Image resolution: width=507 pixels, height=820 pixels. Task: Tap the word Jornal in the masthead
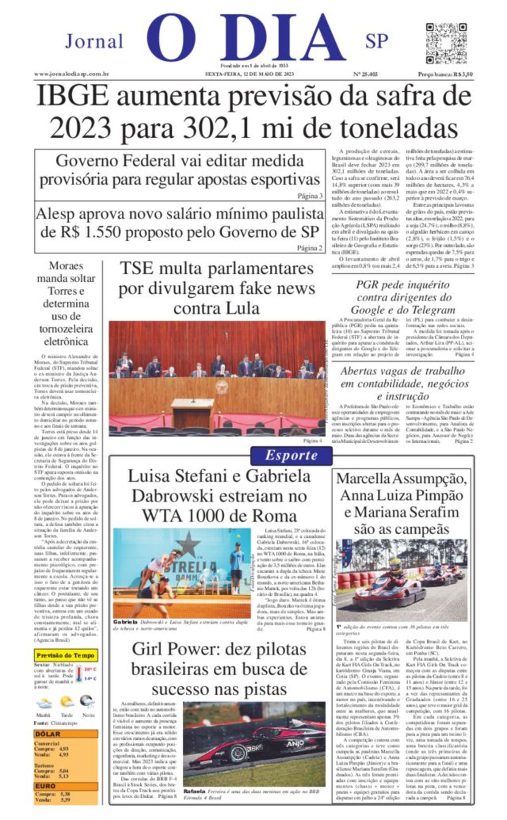coord(94,42)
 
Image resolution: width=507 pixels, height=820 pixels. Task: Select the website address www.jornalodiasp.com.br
coord(71,74)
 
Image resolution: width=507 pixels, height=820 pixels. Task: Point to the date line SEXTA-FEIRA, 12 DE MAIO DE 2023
coord(250,74)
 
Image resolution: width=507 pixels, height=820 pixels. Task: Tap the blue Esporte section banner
coord(291,456)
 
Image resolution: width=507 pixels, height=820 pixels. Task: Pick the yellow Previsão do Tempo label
coord(65,655)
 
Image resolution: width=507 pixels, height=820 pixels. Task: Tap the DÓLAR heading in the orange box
coord(48,734)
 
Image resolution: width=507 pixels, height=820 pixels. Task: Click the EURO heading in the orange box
coord(45,786)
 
